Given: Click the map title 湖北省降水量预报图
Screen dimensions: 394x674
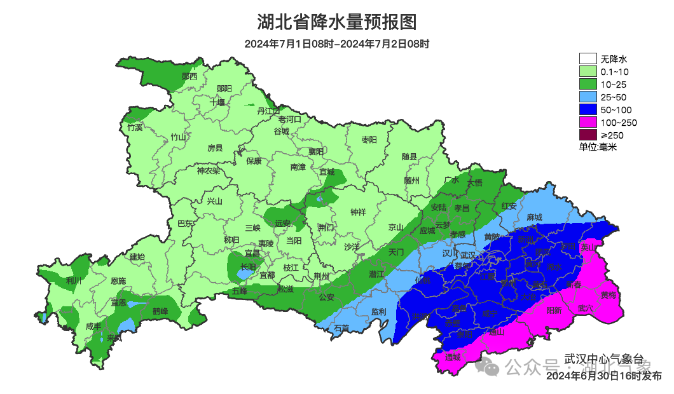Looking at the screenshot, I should point(336,22).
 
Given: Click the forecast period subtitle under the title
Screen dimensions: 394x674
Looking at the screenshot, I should point(336,44).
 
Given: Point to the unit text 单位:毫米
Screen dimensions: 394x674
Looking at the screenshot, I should point(598,147).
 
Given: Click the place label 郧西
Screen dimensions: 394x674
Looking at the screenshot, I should point(189,76).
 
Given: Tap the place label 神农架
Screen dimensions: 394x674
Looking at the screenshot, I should point(208,170).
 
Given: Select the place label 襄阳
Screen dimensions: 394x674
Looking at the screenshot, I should point(316,151).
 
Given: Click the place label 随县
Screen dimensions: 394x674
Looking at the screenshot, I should point(409,157).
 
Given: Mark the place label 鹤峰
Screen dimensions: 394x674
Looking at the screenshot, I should point(160,311).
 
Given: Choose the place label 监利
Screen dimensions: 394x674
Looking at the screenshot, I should point(378,312).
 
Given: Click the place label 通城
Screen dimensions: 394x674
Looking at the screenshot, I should point(452,357).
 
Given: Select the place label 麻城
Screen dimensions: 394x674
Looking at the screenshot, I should point(534,217).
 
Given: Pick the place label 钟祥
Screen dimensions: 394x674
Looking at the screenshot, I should point(359,212).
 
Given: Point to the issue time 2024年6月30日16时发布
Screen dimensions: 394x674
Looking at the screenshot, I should point(603,376).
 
